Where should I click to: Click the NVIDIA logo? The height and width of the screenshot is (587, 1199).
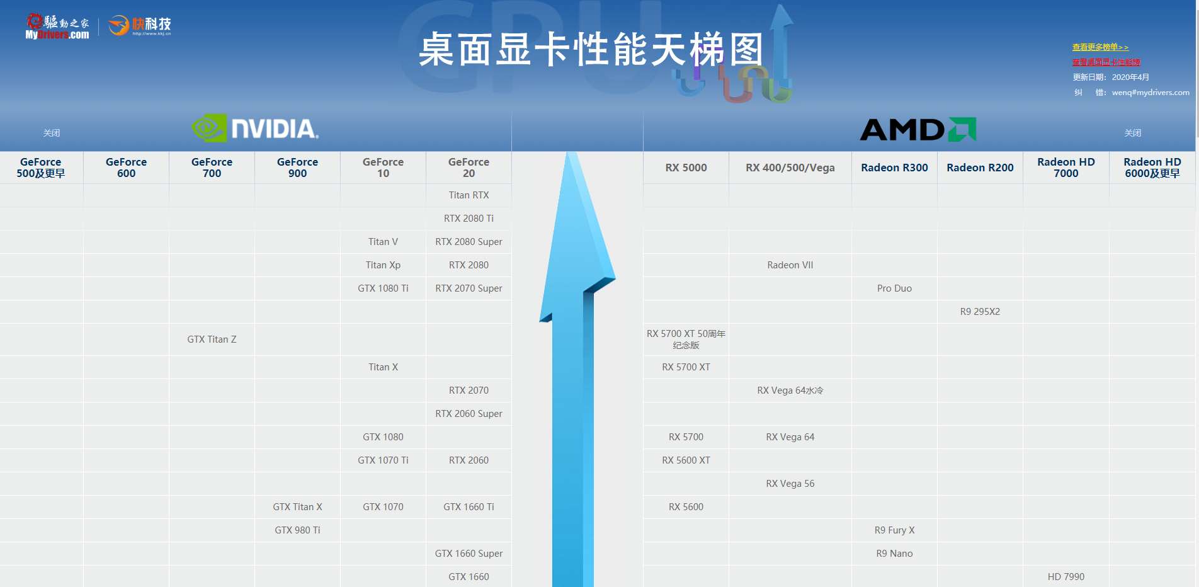click(x=255, y=128)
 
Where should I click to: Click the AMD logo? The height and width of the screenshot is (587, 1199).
click(x=918, y=129)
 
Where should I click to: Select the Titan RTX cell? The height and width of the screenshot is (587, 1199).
click(x=469, y=195)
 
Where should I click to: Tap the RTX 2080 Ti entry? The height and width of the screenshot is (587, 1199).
click(x=469, y=219)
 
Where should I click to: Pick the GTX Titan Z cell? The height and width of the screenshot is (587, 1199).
click(x=212, y=339)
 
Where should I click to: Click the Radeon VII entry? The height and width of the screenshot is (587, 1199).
click(x=790, y=265)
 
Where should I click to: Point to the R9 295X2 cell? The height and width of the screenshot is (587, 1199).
click(x=980, y=312)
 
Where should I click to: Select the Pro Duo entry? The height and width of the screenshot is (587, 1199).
click(x=894, y=288)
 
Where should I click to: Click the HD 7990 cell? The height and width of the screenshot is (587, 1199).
click(x=1065, y=577)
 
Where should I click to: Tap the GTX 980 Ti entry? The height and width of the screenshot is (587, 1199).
click(x=297, y=530)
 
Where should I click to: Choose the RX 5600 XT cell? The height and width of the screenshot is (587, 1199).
click(x=686, y=460)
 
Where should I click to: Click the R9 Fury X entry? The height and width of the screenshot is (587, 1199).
click(x=894, y=530)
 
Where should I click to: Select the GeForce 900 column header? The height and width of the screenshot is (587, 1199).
click(x=297, y=168)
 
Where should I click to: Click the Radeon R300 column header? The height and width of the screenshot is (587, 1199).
click(x=894, y=168)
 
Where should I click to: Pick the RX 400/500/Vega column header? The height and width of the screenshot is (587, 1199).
click(x=790, y=168)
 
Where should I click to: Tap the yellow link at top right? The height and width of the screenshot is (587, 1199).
click(x=1100, y=47)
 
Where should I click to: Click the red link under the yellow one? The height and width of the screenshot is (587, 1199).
click(x=1106, y=62)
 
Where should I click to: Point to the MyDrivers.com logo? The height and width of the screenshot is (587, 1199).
click(x=57, y=26)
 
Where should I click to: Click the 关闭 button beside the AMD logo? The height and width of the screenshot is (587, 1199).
click(x=1132, y=133)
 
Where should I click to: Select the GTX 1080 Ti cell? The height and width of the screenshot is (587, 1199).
click(x=383, y=288)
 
